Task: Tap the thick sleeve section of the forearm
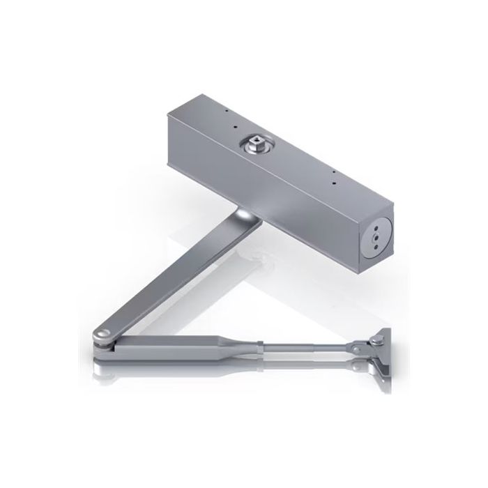pos(188,343)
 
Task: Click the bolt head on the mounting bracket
pos(376,340)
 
